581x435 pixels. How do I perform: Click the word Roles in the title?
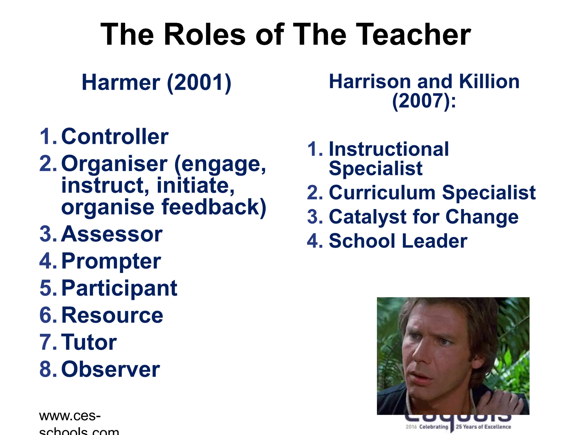(x=205, y=35)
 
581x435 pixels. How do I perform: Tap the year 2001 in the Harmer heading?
(x=199, y=83)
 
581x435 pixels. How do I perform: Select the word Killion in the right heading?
(x=489, y=82)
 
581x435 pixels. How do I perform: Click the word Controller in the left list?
(x=115, y=137)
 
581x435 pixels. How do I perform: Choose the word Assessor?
(x=112, y=234)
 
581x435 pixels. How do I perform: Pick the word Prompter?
(x=111, y=261)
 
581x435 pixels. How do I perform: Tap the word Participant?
(x=119, y=288)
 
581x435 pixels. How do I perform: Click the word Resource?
(x=112, y=315)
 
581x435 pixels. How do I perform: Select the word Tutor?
(x=89, y=342)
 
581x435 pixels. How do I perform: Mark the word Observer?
(x=111, y=369)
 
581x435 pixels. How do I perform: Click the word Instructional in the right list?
(x=389, y=149)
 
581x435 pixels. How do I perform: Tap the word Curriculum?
(x=382, y=193)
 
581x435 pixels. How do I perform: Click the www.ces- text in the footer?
(x=70, y=416)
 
